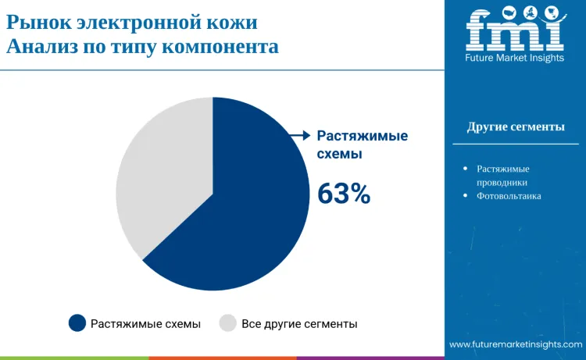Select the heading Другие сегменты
(x=516, y=127)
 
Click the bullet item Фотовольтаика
(x=509, y=196)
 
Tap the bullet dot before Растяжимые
(x=466, y=168)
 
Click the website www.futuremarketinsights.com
(x=516, y=344)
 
